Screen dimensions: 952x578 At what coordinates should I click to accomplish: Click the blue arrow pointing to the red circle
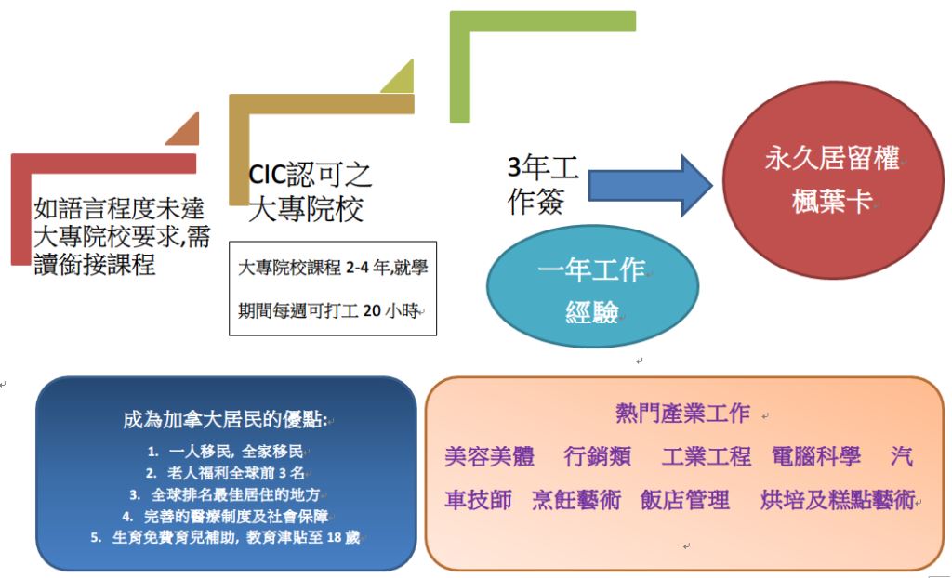tap(650, 186)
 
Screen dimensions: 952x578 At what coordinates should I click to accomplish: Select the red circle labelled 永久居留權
tap(833, 180)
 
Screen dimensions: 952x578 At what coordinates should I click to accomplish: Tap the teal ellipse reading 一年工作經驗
tap(592, 286)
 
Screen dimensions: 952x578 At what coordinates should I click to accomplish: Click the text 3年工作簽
tap(542, 185)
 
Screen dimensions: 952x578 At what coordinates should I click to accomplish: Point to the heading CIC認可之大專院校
tap(310, 191)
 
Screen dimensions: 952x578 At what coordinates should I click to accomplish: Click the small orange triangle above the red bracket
tap(183, 129)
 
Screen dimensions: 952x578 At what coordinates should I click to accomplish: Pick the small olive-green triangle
tap(398, 76)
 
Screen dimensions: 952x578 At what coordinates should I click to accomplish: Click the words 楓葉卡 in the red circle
tap(832, 201)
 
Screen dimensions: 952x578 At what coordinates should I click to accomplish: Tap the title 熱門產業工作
tap(682, 414)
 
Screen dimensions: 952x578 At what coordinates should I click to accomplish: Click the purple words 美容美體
tap(489, 456)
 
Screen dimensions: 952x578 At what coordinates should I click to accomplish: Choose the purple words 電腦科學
tap(816, 456)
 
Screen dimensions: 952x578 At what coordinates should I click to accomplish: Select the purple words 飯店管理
tap(685, 500)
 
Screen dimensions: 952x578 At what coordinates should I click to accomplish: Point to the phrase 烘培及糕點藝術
tap(838, 500)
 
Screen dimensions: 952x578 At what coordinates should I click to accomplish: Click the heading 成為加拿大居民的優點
tap(225, 419)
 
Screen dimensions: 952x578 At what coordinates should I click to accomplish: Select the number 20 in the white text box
tap(372, 311)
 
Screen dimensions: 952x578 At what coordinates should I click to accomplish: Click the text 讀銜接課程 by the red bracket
tap(95, 264)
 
